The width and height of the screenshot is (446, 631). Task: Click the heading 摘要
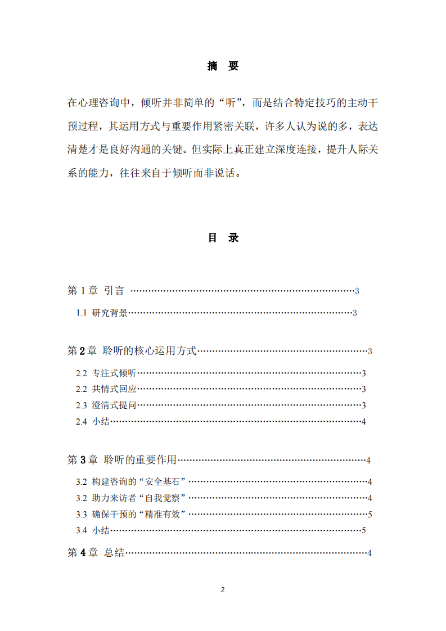[223, 66]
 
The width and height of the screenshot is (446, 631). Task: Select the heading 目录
[223, 238]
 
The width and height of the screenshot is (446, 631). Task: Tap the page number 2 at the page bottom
[223, 590]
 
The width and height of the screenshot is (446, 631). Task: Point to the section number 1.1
[82, 313]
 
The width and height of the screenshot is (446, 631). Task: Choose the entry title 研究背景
[110, 313]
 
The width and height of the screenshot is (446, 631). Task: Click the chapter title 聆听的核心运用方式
[150, 351]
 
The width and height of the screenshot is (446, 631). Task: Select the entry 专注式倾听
[114, 373]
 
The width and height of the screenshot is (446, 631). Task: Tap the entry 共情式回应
[114, 389]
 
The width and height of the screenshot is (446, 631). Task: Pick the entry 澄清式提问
[114, 405]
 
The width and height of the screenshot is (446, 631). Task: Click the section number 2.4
[82, 421]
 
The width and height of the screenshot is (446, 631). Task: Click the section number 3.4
[82, 530]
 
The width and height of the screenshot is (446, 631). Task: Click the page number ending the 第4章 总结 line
[369, 553]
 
